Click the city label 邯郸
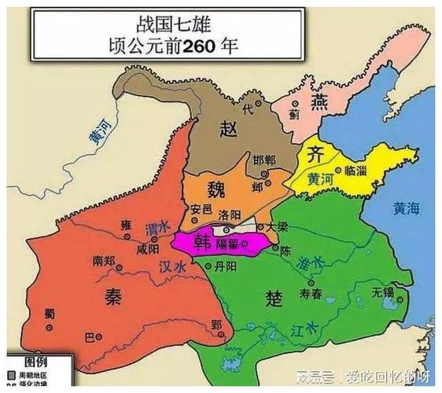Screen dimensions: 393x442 [x=264, y=160]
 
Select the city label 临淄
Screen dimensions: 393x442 [x=355, y=170]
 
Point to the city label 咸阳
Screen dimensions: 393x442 [x=147, y=248]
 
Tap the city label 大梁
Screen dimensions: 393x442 [x=276, y=226]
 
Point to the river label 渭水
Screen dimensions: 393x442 [x=157, y=228]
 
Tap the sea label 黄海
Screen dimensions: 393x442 [x=408, y=208]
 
